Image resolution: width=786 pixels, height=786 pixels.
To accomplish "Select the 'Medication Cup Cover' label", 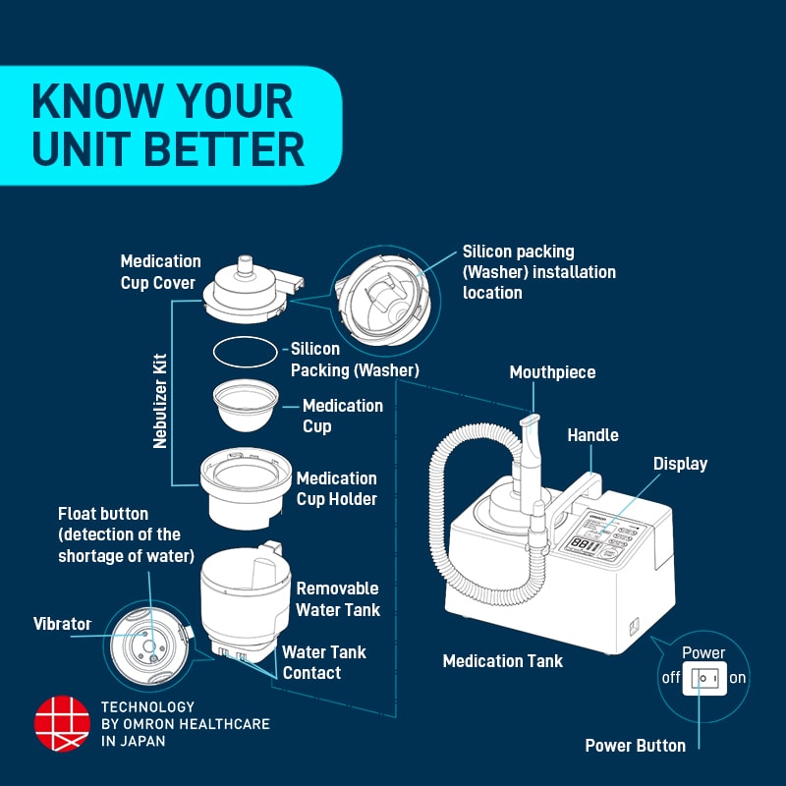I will coord(160,272).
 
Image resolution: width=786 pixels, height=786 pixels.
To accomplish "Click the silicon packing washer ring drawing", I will coord(245,351).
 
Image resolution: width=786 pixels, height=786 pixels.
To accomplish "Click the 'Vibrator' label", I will coord(62,624).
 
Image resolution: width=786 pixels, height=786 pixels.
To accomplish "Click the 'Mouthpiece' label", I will coord(552,372).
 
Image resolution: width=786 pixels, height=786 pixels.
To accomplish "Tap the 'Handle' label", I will coord(592,434).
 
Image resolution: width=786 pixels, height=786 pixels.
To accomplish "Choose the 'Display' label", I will coord(680,464).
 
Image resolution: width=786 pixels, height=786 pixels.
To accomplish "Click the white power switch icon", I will coord(703,678).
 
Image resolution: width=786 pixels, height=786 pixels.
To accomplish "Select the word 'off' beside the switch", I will coord(670,678).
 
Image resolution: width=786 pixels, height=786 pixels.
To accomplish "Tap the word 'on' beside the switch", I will coord(737,678).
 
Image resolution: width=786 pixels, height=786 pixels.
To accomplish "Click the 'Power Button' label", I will coord(635,746).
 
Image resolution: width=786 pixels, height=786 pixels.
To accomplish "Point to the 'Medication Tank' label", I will coord(503,661).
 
